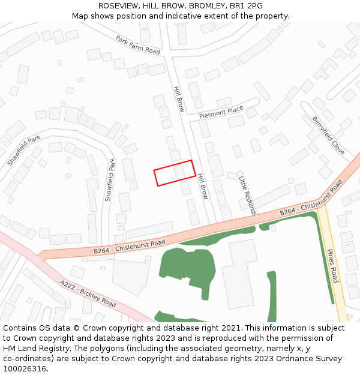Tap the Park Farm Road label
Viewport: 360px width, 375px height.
[x=138, y=45]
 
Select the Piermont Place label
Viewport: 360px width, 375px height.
[x=221, y=112]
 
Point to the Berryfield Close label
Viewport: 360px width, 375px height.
[x=328, y=135]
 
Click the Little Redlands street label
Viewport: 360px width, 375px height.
[x=247, y=196]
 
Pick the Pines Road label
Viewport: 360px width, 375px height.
[x=333, y=266]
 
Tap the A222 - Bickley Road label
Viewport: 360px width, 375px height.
[x=88, y=293]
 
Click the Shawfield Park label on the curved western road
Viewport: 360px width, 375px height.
[x=24, y=151]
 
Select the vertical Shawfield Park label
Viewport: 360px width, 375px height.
[x=109, y=179]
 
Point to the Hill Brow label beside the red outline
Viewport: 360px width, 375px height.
[x=202, y=187]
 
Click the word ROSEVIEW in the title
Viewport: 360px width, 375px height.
[x=118, y=6]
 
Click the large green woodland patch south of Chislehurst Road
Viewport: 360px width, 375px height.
[x=183, y=270]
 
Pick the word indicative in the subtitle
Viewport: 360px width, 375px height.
[x=187, y=16]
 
